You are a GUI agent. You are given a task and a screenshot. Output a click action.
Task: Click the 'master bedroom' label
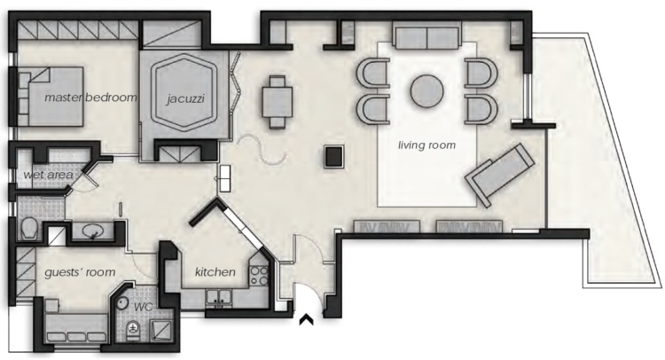pos(91,98)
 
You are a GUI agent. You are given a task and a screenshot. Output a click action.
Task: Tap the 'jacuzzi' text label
pos(185,99)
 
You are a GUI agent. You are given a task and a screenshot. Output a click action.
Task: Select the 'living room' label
pos(426,145)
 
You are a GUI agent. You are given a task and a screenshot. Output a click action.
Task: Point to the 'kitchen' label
pos(215,272)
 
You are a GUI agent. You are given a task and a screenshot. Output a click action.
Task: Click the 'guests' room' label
pos(80,272)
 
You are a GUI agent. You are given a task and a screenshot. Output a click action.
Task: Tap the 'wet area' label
pos(48,175)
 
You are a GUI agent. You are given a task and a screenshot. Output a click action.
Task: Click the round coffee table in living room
pos(426,91)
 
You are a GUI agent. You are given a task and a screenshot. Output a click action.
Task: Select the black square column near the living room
pos(333,156)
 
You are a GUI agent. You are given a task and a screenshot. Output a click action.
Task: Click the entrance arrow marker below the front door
pos(306,320)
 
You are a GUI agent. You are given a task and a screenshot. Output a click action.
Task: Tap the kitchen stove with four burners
pos(259,276)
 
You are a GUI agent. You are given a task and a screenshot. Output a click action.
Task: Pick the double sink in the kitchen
pos(219,298)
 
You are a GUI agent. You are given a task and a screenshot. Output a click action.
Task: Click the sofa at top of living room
pos(426,36)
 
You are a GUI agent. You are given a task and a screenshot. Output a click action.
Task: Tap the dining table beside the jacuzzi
pos(278,102)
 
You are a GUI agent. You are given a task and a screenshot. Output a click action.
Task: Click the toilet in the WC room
pos(134,330)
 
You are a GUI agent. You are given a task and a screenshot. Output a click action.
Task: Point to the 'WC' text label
pos(144,308)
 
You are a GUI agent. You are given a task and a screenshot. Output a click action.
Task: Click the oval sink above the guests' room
pos(93,231)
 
